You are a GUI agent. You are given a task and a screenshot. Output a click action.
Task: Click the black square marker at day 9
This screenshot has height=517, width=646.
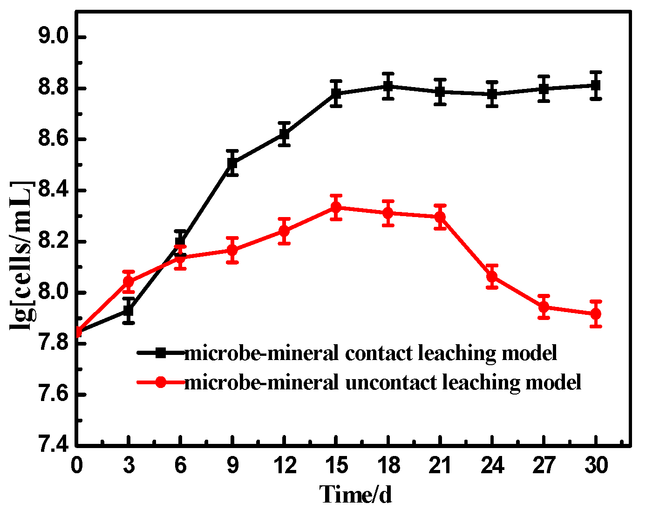click(x=232, y=163)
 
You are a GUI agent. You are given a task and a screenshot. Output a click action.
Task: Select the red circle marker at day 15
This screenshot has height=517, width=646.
click(x=336, y=207)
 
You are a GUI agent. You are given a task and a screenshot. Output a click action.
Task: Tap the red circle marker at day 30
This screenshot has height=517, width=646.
click(x=595, y=314)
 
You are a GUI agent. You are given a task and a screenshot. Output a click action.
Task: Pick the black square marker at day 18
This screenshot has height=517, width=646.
click(x=388, y=86)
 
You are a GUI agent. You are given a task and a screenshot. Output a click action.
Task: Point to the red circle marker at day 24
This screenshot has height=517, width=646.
click(x=491, y=277)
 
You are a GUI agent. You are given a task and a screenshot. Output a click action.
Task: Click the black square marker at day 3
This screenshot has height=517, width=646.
click(x=129, y=310)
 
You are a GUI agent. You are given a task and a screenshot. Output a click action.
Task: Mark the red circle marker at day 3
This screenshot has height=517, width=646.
click(x=129, y=282)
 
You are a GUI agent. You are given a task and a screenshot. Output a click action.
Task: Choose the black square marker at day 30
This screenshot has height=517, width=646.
click(x=595, y=85)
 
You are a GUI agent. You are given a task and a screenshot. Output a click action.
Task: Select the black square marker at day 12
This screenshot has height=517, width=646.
click(x=284, y=135)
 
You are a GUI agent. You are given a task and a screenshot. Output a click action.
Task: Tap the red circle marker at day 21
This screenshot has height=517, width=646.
click(x=440, y=217)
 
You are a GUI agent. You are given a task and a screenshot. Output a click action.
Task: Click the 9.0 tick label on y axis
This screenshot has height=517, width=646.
click(x=54, y=37)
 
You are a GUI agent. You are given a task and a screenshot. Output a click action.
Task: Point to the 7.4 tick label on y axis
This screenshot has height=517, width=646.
click(x=54, y=446)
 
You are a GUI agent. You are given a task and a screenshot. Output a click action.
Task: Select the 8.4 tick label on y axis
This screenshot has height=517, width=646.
click(x=54, y=191)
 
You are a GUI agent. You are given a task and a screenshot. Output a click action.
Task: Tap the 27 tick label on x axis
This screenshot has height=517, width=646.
click(x=543, y=465)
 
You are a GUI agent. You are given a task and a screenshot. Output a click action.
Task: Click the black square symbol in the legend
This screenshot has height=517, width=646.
click(x=160, y=353)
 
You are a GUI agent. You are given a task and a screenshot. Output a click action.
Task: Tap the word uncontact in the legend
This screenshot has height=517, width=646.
click(x=390, y=382)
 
